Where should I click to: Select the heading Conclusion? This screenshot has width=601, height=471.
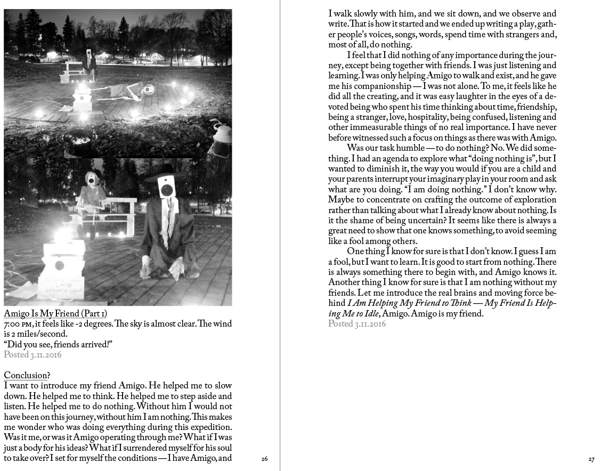pos(27,375)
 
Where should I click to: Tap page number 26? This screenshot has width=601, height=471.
pos(264,459)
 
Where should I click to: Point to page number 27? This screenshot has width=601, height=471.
pos(591,459)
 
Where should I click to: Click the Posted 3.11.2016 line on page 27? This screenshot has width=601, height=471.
pos(357,324)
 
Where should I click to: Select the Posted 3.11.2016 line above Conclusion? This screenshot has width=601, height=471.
pos(33,354)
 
